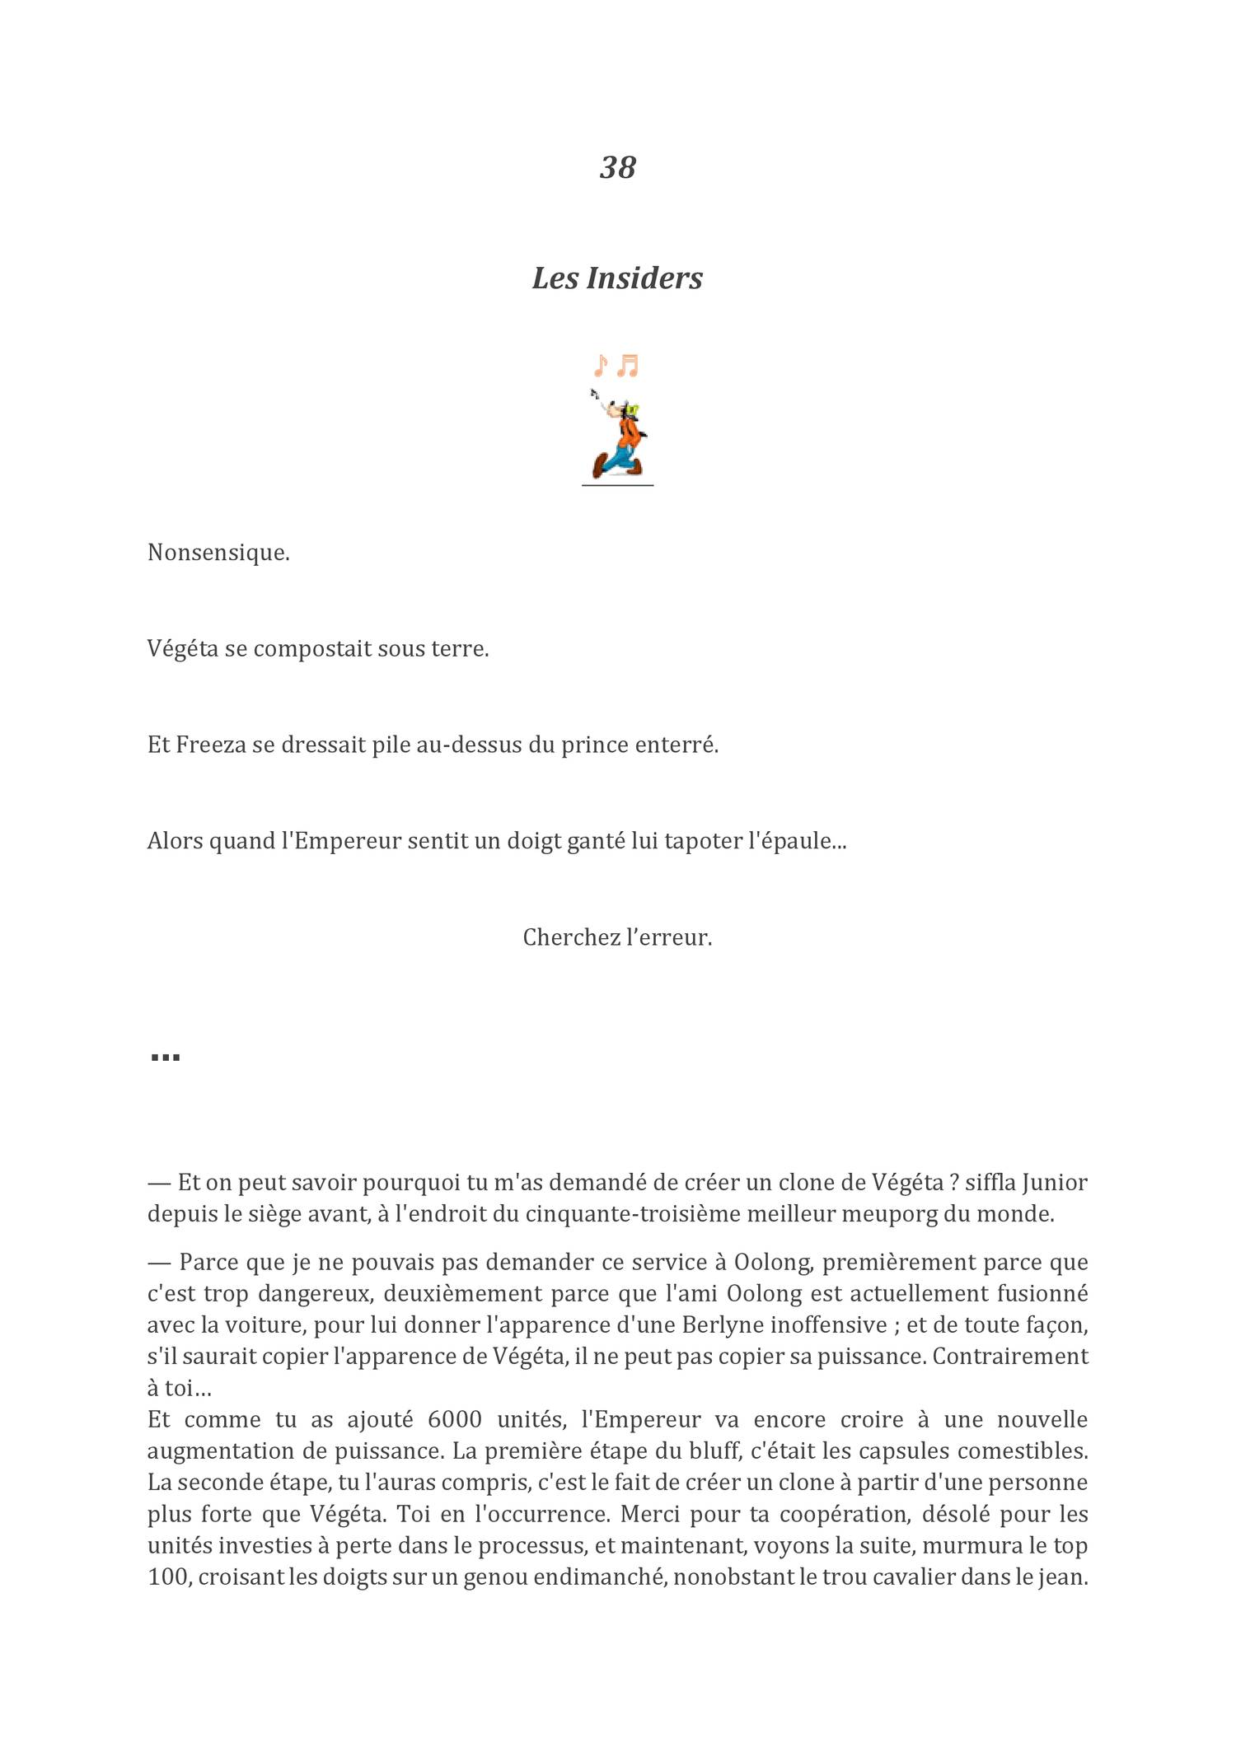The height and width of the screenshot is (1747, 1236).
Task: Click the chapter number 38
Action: (x=617, y=167)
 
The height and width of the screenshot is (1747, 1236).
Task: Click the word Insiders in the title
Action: (x=644, y=278)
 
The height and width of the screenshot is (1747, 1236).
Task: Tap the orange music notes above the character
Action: (x=616, y=365)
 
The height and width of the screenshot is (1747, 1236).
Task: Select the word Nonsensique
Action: (x=218, y=553)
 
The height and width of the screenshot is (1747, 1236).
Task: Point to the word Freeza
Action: (x=211, y=745)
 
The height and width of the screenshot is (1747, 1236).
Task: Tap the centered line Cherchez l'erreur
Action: (x=617, y=937)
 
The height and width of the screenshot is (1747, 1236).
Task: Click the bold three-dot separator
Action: (x=166, y=1057)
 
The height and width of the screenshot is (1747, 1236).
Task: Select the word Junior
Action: (x=1054, y=1183)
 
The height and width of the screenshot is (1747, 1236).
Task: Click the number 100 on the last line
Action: (x=168, y=1577)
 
